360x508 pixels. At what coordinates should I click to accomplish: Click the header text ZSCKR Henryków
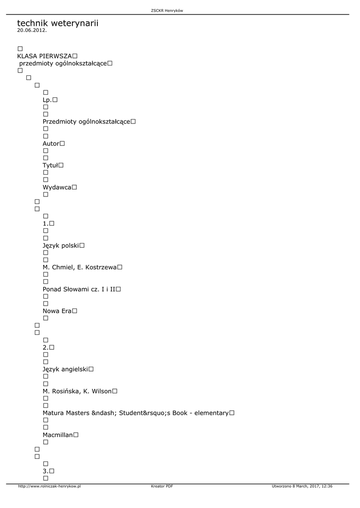click(170, 11)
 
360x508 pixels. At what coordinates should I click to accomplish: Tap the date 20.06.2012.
click(32, 30)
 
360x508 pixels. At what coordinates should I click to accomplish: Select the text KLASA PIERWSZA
click(45, 56)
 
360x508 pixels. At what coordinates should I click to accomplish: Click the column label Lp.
click(47, 100)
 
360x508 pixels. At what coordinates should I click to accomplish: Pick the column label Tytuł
click(51, 165)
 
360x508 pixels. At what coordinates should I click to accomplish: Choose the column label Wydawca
click(57, 187)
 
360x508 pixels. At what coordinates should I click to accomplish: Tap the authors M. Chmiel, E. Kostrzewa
click(79, 267)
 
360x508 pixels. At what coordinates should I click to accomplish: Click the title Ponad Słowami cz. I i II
click(79, 289)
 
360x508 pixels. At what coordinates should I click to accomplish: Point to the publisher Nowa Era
click(57, 311)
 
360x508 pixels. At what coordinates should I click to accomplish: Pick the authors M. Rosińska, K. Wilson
click(77, 391)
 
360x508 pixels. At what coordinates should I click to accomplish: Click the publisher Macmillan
click(58, 435)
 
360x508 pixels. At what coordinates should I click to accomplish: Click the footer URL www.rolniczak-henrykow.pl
click(49, 486)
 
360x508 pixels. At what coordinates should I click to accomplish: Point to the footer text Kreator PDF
click(162, 486)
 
